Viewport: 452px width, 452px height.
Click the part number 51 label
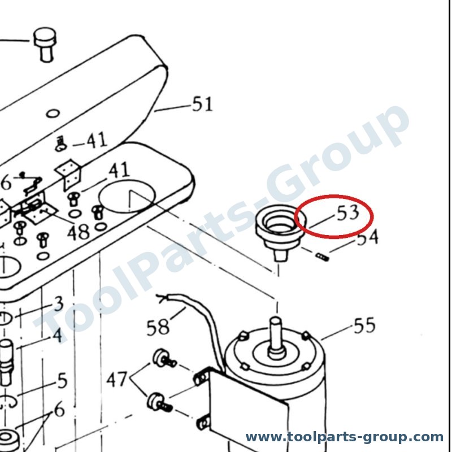[202, 104]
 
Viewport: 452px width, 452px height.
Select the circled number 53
[348, 213]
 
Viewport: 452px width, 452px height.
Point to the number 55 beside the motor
[364, 326]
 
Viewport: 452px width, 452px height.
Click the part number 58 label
[158, 327]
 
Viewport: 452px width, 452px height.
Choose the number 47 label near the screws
[117, 379]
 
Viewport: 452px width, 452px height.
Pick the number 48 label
[78, 232]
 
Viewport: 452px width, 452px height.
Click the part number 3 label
[59, 303]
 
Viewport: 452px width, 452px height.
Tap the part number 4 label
[58, 335]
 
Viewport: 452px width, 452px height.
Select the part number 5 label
[63, 380]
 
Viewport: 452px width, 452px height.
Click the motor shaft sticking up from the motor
[276, 337]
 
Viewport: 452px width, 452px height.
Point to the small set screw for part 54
[322, 257]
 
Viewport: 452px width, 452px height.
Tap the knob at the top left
[45, 44]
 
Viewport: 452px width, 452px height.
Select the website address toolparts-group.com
[344, 437]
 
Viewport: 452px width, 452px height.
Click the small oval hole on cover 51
[53, 114]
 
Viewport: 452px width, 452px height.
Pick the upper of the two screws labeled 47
[164, 358]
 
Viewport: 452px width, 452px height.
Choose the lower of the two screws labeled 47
[160, 402]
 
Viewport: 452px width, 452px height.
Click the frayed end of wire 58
[162, 298]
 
